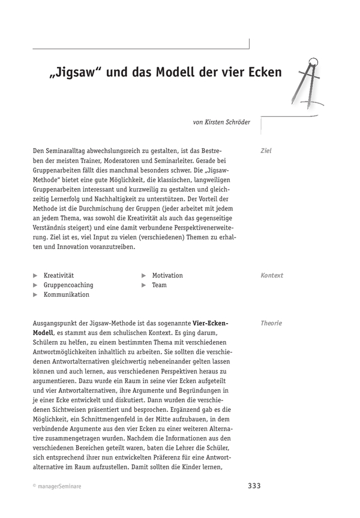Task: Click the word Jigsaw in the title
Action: coord(74,73)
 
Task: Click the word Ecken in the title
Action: coord(261,73)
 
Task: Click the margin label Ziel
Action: coord(266,151)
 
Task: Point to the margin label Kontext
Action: coord(272,276)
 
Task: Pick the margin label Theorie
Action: coord(271,323)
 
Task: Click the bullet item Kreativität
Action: coord(58,276)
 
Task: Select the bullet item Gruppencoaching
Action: coord(68,285)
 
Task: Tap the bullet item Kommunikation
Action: coord(66,295)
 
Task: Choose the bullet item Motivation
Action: coord(167,276)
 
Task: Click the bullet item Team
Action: coord(159,285)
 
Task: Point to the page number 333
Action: coord(254,486)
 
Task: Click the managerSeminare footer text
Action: coord(60,487)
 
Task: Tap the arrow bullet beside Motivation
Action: coord(144,276)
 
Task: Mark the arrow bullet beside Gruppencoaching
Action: coord(35,285)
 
